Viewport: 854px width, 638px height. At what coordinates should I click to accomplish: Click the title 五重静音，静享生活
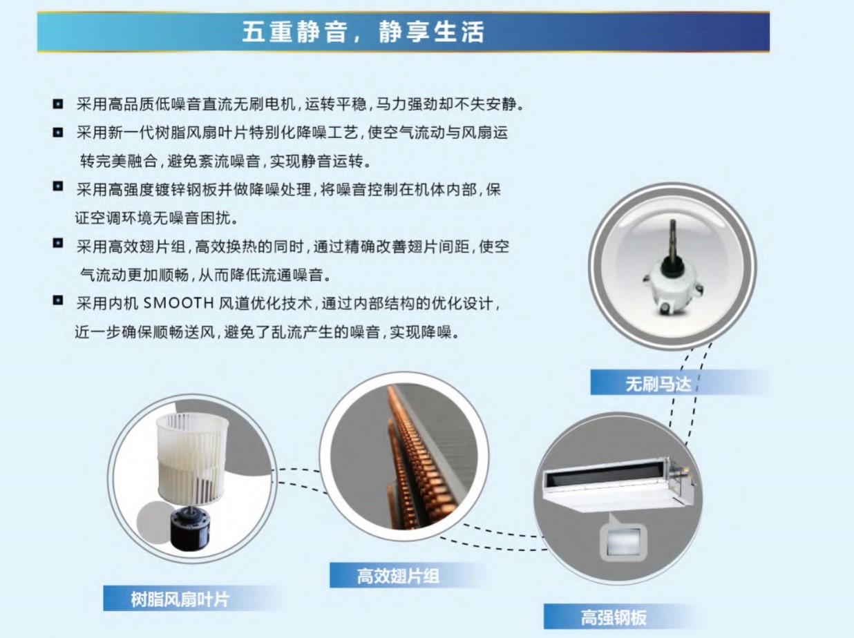pyautogui.click(x=363, y=32)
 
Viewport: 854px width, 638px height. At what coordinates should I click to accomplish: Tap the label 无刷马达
pyautogui.click(x=658, y=384)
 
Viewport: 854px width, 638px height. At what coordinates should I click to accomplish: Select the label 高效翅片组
pyautogui.click(x=398, y=576)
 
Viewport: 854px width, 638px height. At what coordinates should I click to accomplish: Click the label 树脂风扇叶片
pyautogui.click(x=180, y=599)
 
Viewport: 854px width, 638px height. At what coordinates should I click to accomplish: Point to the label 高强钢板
pyautogui.click(x=614, y=617)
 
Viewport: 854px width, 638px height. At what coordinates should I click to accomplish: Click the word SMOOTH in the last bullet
pyautogui.click(x=178, y=303)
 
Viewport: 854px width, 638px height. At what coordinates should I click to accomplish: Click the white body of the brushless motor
pyautogui.click(x=673, y=287)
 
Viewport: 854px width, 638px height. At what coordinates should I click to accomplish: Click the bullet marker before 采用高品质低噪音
pyautogui.click(x=58, y=104)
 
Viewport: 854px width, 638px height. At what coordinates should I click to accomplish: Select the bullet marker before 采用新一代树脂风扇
pyautogui.click(x=58, y=132)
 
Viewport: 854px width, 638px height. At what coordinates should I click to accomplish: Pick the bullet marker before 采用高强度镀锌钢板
pyautogui.click(x=58, y=186)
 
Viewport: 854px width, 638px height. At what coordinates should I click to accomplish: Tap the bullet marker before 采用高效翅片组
pyautogui.click(x=58, y=243)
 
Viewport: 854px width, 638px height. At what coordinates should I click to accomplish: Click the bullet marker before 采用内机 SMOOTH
pyautogui.click(x=58, y=300)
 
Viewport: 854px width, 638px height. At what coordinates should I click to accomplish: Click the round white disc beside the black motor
pyautogui.click(x=153, y=520)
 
